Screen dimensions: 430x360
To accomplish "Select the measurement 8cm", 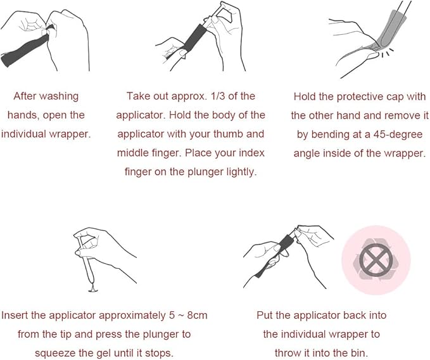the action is [197, 315].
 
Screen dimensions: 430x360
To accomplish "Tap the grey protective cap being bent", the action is [390, 30].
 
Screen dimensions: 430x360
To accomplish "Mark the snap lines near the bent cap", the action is [386, 52].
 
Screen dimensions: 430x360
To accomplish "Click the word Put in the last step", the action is [265, 315].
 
